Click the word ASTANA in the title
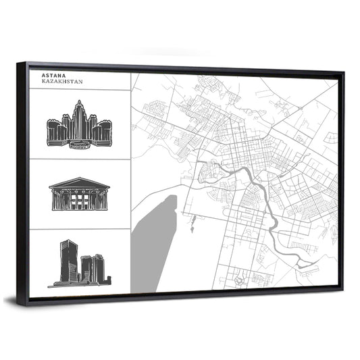coord(52,76)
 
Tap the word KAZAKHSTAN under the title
coord(59,82)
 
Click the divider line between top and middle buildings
coord(80,159)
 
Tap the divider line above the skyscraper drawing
coord(80,229)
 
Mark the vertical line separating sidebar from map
coord(131,182)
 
